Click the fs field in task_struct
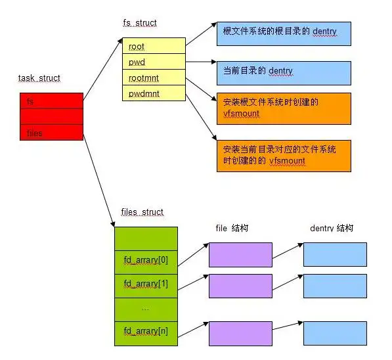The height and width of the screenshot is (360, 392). coord(51,101)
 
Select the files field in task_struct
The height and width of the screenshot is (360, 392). coord(51,132)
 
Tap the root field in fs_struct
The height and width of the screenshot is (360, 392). coord(154,46)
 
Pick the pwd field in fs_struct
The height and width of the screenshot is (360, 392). coord(154,62)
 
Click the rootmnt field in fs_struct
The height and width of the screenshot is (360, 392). coord(154,78)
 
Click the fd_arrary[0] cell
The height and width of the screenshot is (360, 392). coord(146,260)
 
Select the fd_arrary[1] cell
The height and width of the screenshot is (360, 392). coord(146,284)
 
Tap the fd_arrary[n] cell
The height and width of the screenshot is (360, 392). coord(146,332)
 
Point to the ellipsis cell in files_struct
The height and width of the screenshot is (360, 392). coord(146,308)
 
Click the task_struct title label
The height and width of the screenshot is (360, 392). coord(39,78)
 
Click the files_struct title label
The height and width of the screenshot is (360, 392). coord(142,212)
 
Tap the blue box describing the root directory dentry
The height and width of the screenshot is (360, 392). coord(284,33)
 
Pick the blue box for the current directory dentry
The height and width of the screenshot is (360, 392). coord(284,72)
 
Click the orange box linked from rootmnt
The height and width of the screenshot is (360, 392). coord(284,108)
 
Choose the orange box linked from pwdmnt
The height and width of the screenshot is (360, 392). coord(284,155)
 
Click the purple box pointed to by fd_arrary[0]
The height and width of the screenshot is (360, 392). coord(240,254)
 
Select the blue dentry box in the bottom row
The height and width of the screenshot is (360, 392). coord(335,333)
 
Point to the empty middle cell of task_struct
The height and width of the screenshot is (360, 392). coord(51,116)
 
